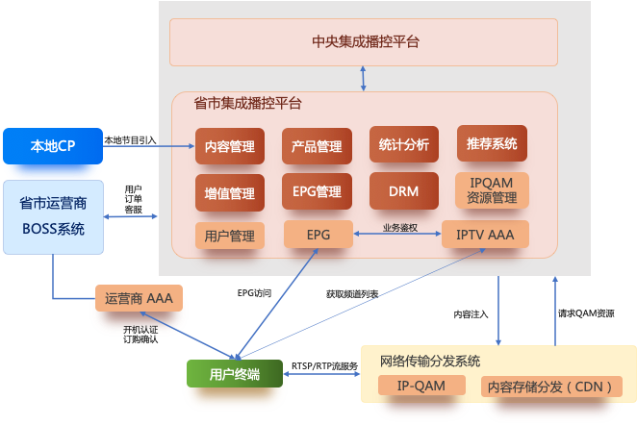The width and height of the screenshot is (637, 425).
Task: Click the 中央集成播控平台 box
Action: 366,41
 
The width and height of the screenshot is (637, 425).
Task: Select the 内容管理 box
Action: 230,147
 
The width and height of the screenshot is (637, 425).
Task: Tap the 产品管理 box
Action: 317,147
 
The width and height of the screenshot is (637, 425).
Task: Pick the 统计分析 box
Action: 404,145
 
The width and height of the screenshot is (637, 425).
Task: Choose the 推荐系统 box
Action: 492,144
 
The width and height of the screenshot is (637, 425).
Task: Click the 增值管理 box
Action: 230,193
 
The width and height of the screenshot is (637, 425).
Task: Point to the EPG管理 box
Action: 317,191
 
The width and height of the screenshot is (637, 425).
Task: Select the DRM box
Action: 404,191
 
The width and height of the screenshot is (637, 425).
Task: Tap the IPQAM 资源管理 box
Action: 492,189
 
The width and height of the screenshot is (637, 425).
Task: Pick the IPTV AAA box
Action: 485,234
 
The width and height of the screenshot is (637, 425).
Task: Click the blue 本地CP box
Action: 53,146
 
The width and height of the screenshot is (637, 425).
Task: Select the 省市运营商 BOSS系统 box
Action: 53,216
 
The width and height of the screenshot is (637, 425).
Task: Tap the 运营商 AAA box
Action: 139,298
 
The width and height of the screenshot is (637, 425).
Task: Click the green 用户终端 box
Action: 235,374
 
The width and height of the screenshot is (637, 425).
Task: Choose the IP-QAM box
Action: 421,386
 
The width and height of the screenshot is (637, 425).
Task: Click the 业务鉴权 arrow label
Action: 398,228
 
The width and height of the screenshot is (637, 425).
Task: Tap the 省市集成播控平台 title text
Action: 247,103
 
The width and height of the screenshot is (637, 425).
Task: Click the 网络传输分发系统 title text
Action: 430,362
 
